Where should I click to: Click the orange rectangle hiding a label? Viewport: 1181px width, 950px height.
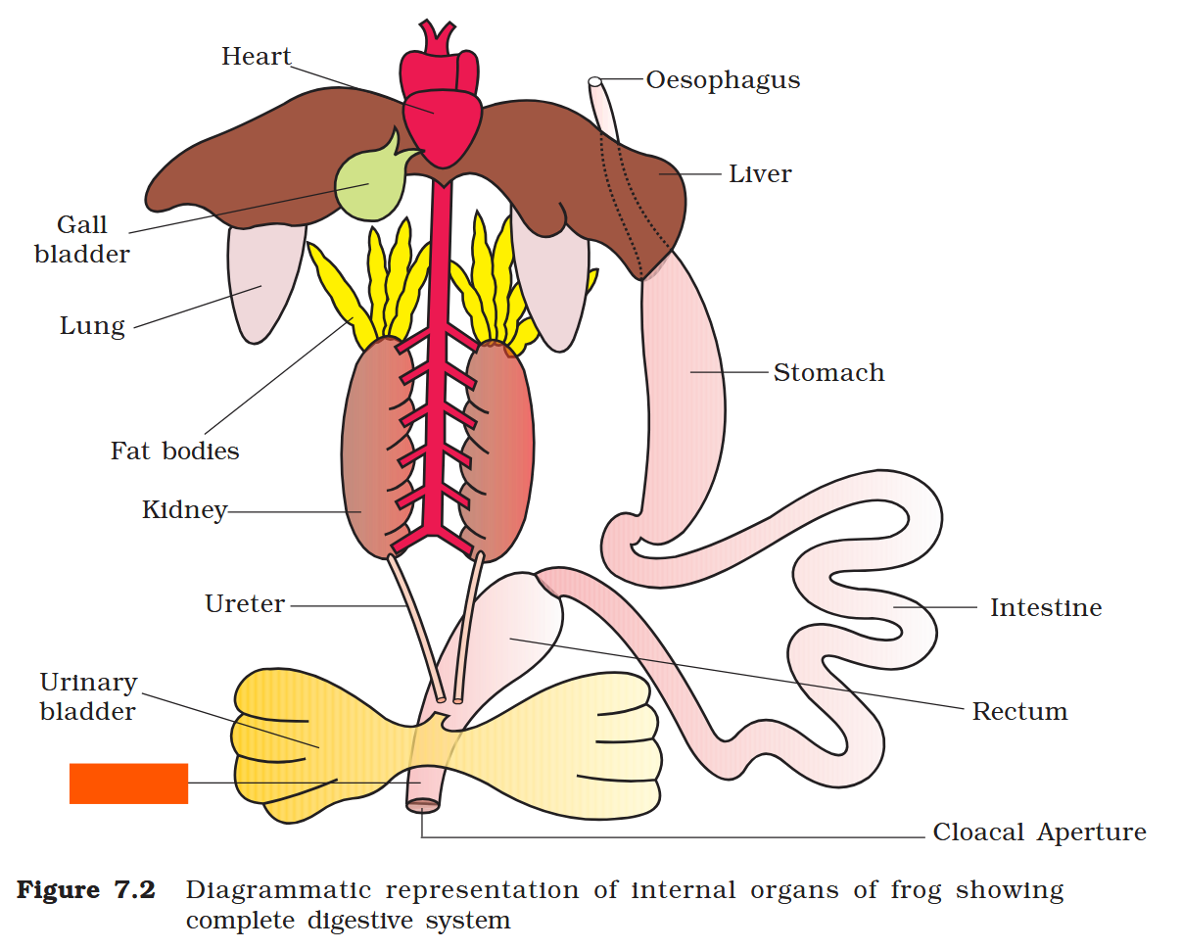(128, 784)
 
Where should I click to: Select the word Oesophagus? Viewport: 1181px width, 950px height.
(723, 80)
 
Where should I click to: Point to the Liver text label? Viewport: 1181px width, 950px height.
(760, 174)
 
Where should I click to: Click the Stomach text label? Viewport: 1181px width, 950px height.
(828, 373)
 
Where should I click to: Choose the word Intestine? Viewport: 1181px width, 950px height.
(1045, 608)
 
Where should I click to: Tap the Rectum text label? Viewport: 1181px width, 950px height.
(1019, 712)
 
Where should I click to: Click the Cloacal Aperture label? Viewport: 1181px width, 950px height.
(1039, 833)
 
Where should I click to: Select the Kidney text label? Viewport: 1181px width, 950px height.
(184, 510)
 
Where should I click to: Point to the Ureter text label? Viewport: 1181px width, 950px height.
(245, 604)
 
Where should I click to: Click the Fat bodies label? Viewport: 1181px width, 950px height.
(174, 451)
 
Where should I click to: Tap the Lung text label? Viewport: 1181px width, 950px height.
(92, 326)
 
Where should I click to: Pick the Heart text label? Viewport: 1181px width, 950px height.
(257, 57)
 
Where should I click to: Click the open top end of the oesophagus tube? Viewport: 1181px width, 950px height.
(594, 81)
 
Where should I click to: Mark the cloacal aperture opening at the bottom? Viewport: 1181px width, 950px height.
(423, 805)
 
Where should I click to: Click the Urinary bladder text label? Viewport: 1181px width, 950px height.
(88, 697)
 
